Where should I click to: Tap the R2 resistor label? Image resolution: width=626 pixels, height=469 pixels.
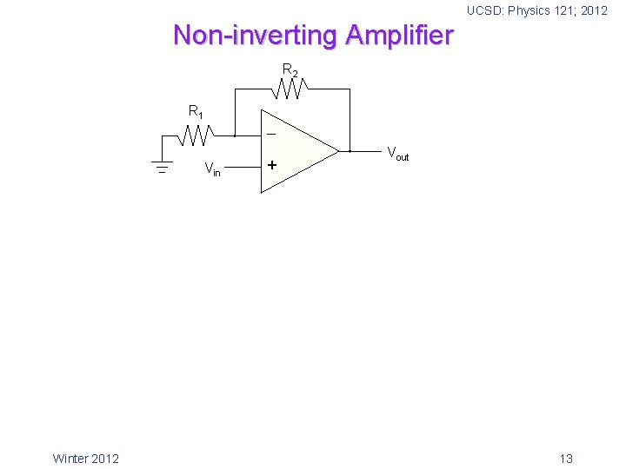tap(290, 70)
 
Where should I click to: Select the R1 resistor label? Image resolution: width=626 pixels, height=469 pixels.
tap(196, 112)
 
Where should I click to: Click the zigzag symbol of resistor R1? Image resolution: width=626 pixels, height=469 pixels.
tap(196, 135)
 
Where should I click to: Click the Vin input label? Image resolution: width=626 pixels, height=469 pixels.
tap(212, 169)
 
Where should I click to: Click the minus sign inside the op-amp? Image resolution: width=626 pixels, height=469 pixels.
tap(272, 135)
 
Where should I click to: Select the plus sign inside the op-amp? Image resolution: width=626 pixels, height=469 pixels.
tap(272, 164)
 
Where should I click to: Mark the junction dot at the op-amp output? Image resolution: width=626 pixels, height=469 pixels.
tap(350, 150)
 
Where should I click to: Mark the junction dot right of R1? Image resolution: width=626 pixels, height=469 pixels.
tap(235, 135)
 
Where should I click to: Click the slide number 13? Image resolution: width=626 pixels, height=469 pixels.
tap(566, 459)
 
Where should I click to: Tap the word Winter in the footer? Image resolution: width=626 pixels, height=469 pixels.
tap(70, 459)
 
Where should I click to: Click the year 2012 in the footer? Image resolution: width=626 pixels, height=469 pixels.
tap(105, 459)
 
